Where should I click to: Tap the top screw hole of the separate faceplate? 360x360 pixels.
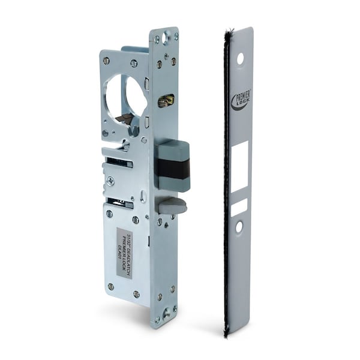(241, 59)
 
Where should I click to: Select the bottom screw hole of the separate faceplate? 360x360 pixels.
(239, 227)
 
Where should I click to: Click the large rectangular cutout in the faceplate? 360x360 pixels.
(239, 167)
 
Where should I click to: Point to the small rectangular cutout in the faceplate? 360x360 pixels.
(239, 207)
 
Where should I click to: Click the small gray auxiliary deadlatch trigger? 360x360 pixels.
(173, 206)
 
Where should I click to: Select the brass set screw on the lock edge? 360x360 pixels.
(166, 101)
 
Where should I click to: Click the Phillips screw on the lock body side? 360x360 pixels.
(110, 180)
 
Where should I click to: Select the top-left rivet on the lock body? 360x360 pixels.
(106, 61)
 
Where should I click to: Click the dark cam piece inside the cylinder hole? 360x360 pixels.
(124, 118)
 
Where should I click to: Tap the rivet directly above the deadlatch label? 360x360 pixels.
(136, 220)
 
